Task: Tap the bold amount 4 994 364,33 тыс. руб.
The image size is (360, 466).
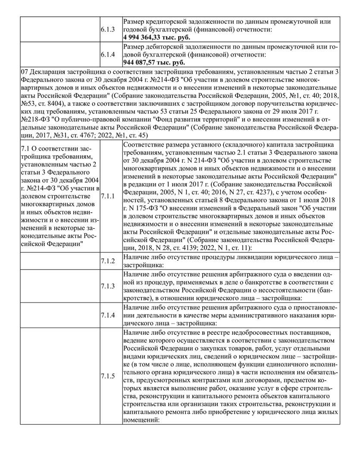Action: point(157,38)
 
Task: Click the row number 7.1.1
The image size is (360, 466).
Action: point(108,196)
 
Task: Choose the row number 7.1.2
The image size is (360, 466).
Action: point(108,261)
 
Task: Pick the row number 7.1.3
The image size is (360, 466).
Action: point(108,286)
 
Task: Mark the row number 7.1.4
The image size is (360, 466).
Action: point(108,315)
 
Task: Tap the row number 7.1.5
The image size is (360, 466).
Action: point(108,376)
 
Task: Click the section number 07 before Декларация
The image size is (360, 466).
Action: point(24,72)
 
